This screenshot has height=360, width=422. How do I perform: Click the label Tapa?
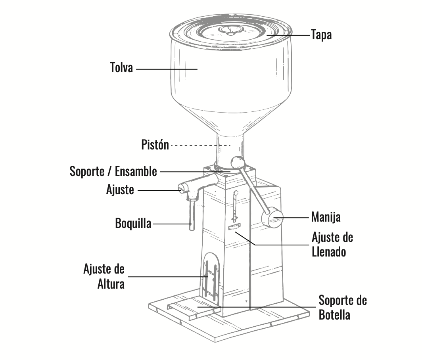click(321, 35)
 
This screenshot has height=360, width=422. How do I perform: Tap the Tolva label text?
click(121, 67)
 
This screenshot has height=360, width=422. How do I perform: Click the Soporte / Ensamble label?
click(113, 171)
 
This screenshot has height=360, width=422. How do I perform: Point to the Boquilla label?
click(133, 223)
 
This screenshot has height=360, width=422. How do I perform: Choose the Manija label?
click(326, 217)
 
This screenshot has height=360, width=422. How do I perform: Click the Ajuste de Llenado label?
click(332, 245)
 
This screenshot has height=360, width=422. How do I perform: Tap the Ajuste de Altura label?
click(104, 276)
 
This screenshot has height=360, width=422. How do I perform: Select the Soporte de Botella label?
click(343, 307)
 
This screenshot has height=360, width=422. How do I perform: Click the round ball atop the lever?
click(238, 163)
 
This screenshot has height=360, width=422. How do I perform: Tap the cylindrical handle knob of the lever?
click(272, 217)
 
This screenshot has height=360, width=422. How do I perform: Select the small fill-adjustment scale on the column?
click(234, 227)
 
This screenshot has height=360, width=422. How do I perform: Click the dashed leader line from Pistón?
click(201, 145)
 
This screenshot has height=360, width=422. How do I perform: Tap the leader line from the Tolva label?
click(167, 69)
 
